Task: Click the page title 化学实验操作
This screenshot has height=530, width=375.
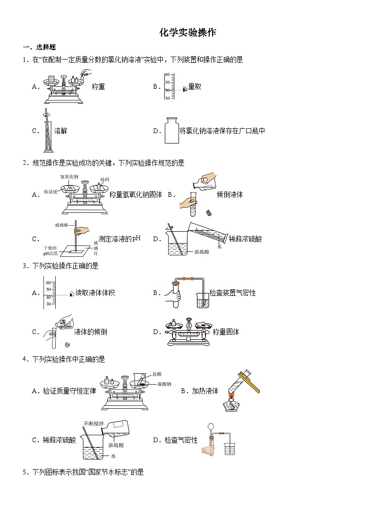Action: tap(187, 33)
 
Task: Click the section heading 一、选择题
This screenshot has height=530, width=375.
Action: tap(39, 47)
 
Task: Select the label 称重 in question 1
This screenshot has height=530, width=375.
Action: tap(98, 86)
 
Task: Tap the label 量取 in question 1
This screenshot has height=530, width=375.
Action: tap(195, 86)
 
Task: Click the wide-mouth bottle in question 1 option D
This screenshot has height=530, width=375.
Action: tap(171, 131)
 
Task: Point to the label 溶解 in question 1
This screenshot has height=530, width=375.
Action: tap(60, 131)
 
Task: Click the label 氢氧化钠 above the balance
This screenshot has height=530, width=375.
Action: tap(69, 177)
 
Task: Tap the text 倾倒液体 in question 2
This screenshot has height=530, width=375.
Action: tap(230, 194)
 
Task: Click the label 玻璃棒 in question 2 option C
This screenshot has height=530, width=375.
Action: tap(61, 225)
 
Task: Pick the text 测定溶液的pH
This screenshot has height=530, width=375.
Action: tap(119, 239)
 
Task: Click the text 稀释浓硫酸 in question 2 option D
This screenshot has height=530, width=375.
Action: tap(245, 239)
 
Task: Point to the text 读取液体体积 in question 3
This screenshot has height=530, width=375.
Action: tap(95, 293)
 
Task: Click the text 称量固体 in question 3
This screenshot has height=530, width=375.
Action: tap(226, 332)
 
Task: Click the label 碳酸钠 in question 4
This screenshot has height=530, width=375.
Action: tap(163, 384)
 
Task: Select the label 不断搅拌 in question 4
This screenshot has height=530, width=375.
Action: tap(93, 423)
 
